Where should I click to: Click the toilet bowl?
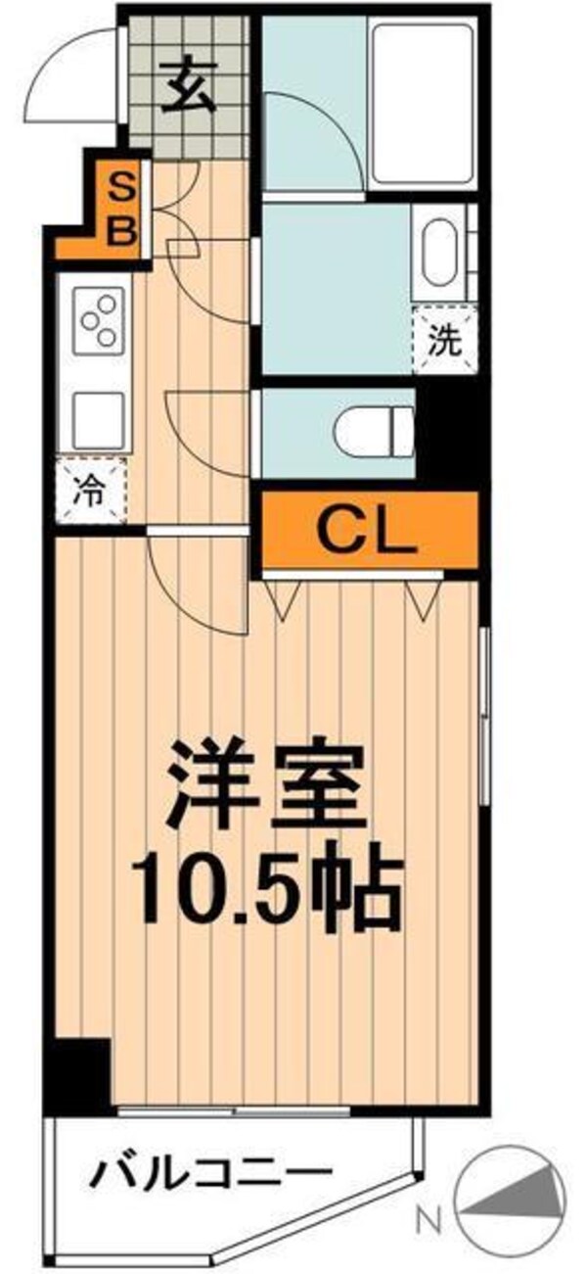click(376, 432)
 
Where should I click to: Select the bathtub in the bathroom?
click(425, 104)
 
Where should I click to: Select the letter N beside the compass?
click(426, 1220)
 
